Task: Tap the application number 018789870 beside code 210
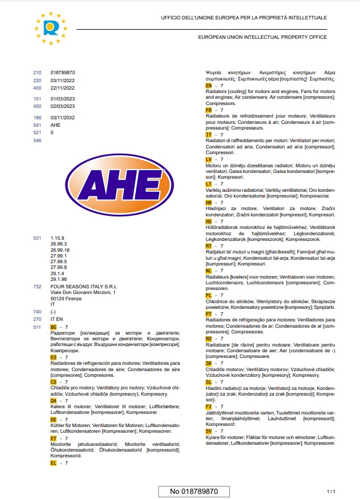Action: tap(63, 73)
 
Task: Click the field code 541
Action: tap(38, 125)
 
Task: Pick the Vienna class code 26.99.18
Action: tap(60, 250)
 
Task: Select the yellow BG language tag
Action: tap(54, 327)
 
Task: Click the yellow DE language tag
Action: tap(54, 420)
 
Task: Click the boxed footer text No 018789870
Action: tap(194, 491)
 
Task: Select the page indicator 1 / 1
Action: tap(330, 491)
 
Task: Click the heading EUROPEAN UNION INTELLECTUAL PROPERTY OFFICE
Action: tap(262, 37)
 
